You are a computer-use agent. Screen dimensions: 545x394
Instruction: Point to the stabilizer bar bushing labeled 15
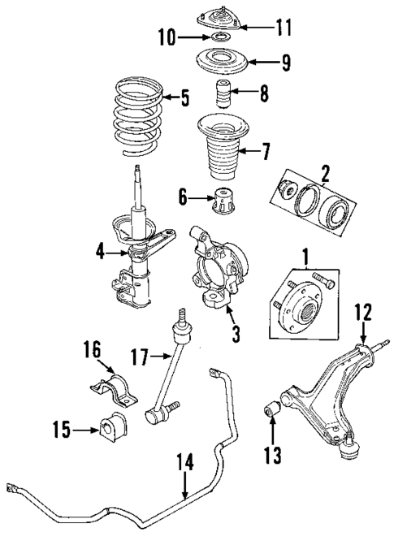111,426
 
